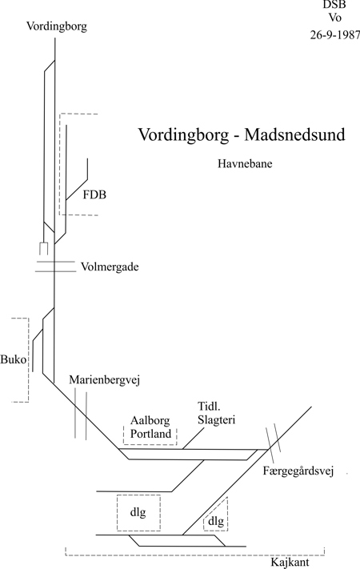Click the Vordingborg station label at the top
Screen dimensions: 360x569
[57, 27]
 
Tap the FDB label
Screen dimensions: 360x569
[94, 194]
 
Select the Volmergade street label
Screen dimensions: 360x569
[110, 267]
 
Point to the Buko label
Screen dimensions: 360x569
[14, 359]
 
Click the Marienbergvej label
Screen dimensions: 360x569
[105, 380]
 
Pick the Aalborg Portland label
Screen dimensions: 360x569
[150, 427]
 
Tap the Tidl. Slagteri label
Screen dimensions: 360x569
[216, 413]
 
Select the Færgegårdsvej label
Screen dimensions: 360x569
[298, 471]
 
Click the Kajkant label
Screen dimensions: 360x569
[290, 563]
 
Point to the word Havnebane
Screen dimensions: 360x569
[245, 164]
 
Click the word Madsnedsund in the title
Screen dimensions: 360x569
[294, 134]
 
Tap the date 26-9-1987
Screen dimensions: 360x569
[335, 35]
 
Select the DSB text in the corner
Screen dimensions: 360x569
[334, 5]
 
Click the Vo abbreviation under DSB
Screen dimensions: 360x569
[334, 18]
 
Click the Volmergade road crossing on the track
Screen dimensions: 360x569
[54, 266]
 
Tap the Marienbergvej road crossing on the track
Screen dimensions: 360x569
[81, 414]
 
